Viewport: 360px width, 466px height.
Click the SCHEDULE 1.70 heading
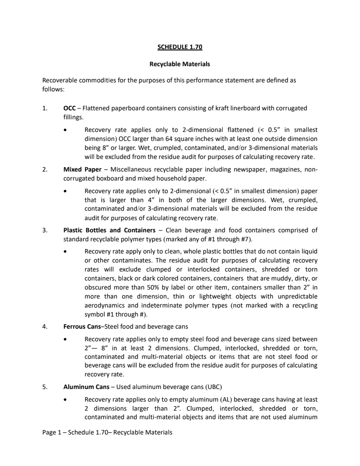point(180,46)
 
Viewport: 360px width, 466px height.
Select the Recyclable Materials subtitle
point(180,64)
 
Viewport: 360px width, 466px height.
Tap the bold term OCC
point(69,108)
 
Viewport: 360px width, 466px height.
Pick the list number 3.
point(45,230)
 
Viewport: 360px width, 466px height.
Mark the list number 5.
point(45,387)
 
